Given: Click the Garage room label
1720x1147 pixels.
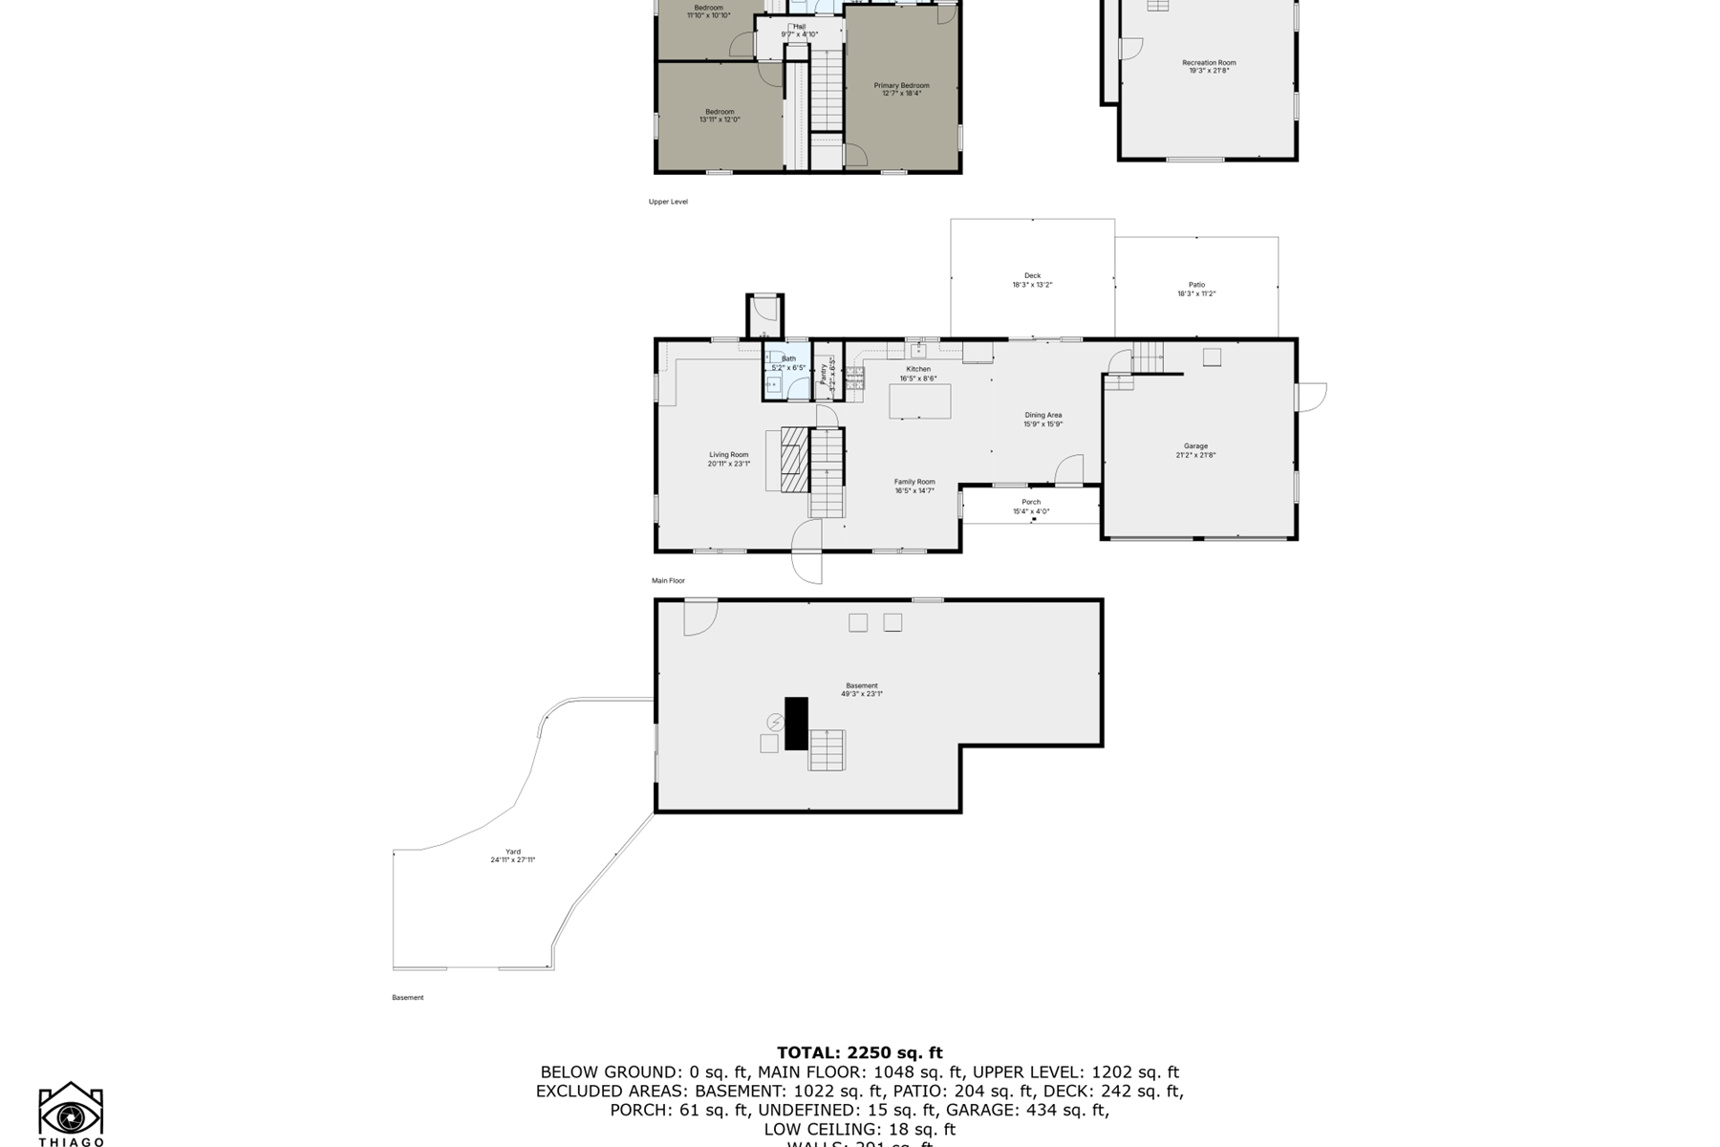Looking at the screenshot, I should pyautogui.click(x=1195, y=446).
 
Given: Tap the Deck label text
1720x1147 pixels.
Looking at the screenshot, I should pyautogui.click(x=1032, y=276).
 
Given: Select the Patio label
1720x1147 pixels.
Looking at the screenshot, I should pyautogui.click(x=1196, y=285).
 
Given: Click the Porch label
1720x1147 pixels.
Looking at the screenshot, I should pyautogui.click(x=1031, y=503).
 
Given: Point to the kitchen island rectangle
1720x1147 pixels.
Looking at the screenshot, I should pyautogui.click(x=920, y=400).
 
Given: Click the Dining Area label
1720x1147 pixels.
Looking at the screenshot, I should pyautogui.click(x=1043, y=416).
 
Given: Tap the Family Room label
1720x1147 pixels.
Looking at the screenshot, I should pyautogui.click(x=914, y=483).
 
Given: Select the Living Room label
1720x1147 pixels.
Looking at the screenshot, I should pyautogui.click(x=728, y=455).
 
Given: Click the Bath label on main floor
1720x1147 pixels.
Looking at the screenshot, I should pyautogui.click(x=788, y=359).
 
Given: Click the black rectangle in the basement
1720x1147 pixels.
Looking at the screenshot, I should pyautogui.click(x=796, y=723).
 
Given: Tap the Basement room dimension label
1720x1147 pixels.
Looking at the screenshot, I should pyautogui.click(x=861, y=694).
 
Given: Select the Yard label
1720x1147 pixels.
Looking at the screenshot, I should pyautogui.click(x=513, y=852).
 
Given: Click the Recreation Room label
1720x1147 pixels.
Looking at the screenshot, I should pyautogui.click(x=1209, y=63).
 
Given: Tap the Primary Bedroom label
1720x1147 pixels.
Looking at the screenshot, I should pyautogui.click(x=901, y=86).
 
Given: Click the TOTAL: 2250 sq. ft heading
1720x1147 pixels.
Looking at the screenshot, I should pyautogui.click(x=859, y=1053).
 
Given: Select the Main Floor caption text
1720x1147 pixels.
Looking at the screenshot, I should pyautogui.click(x=668, y=581).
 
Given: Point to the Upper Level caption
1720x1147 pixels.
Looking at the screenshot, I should pyautogui.click(x=668, y=202).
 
